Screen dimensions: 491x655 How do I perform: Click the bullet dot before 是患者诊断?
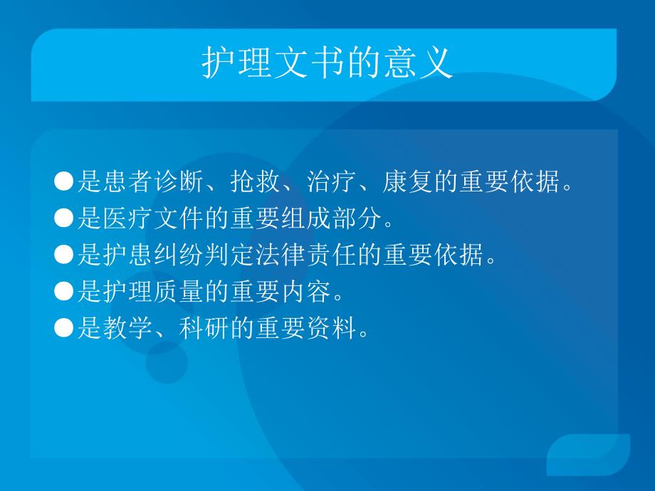pos(64,182)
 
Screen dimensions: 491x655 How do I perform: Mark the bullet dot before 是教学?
pos(64,328)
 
